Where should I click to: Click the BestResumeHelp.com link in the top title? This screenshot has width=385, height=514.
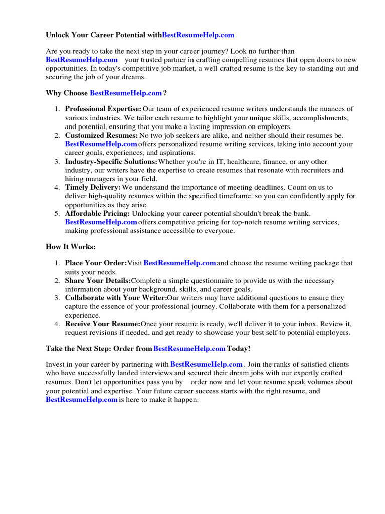[x=198, y=35]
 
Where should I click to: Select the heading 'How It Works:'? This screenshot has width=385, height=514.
[x=70, y=247]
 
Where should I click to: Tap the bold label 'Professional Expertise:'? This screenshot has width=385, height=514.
[x=103, y=109]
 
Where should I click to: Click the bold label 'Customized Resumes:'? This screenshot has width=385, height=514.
[x=101, y=135]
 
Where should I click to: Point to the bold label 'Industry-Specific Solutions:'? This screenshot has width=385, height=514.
[x=111, y=162]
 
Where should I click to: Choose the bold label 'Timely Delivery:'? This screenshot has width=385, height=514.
[x=93, y=187]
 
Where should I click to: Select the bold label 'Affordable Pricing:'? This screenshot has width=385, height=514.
[x=97, y=214]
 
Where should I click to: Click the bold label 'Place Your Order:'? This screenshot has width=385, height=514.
[x=96, y=263]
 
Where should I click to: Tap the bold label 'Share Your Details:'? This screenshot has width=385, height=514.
[x=98, y=280]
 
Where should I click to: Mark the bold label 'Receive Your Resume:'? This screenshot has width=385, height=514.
[x=102, y=324]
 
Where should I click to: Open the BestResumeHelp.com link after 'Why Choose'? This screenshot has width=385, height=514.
[x=126, y=93]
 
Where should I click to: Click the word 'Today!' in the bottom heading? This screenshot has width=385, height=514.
[x=238, y=349]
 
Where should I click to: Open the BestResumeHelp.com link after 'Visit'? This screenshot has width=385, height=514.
[x=179, y=263]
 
